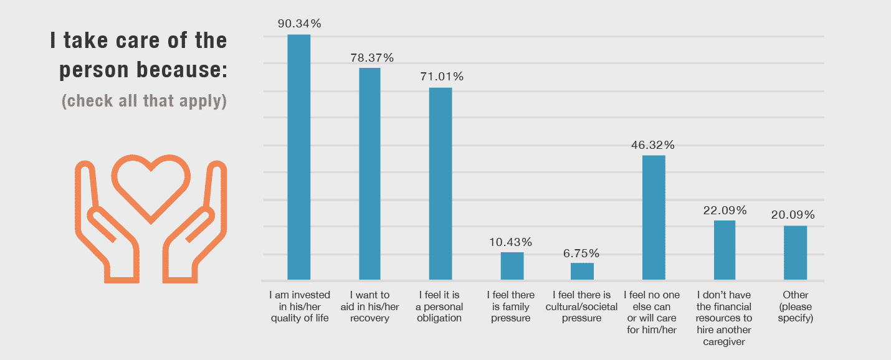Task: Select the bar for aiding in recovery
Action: click(369, 174)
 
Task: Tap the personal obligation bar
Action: click(441, 184)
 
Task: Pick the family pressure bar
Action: click(512, 266)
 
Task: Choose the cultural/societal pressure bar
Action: click(582, 271)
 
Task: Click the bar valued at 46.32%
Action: click(654, 217)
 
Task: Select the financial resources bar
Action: click(724, 250)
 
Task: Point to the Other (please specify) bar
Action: click(795, 252)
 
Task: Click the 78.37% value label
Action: click(370, 58)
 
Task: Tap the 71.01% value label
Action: click(441, 77)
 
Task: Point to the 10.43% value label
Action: click(512, 242)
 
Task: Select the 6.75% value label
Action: click(582, 253)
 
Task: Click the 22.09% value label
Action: click(724, 211)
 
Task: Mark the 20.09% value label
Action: click(795, 215)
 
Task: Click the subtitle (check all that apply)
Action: click(144, 101)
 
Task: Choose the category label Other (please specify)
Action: click(796, 306)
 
